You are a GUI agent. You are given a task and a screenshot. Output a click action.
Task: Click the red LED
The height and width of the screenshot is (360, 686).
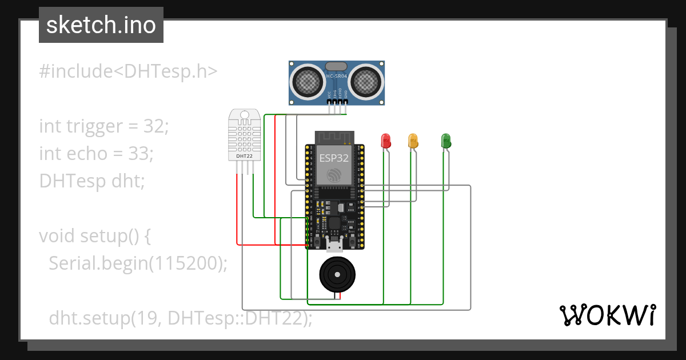point(386,141)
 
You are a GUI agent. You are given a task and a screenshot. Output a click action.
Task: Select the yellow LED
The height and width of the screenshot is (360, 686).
point(413,141)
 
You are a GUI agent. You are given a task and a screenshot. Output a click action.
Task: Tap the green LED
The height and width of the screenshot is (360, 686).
point(446,141)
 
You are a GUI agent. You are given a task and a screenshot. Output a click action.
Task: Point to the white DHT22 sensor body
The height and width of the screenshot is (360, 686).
point(245,134)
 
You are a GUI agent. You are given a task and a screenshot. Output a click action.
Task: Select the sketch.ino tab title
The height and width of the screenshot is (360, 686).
point(101,25)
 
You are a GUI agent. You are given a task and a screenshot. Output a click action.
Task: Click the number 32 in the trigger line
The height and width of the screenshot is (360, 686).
point(154,126)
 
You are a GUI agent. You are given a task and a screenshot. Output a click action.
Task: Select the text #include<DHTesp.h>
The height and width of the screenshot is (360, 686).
point(129,71)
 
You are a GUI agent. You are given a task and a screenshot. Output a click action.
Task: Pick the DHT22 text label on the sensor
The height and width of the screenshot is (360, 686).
point(245,155)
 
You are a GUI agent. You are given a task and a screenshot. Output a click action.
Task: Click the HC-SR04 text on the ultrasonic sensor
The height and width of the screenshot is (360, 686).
point(337,76)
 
